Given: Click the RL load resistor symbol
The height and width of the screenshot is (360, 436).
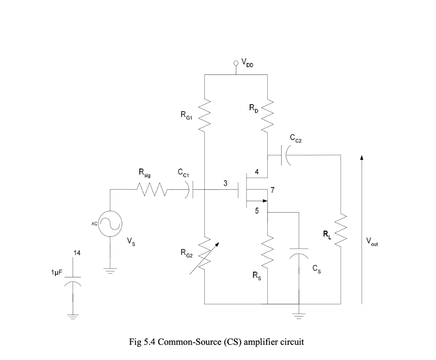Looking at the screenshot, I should coord(341,232).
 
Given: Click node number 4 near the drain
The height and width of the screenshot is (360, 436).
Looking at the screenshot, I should coord(256,172).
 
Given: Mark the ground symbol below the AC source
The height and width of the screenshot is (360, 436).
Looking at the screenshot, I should coord(110,271).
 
